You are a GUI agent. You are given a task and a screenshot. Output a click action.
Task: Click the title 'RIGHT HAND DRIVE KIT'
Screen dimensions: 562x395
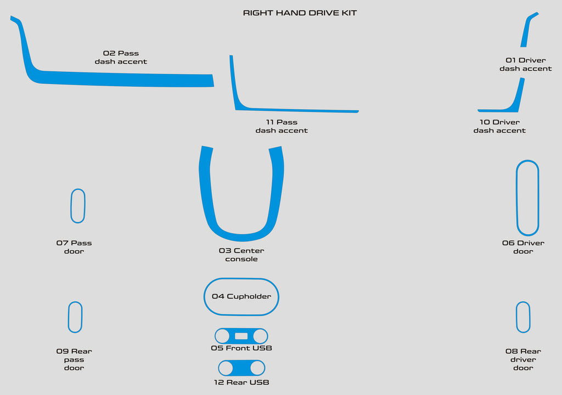tap(300, 13)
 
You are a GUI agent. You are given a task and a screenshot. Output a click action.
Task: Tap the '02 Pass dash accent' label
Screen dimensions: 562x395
tap(121, 58)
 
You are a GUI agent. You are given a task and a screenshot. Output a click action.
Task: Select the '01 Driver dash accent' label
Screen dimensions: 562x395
tap(525, 64)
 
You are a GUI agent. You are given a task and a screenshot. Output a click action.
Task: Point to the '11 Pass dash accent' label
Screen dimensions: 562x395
tap(282, 126)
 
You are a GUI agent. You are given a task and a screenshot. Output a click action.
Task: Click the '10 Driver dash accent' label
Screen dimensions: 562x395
tap(499, 126)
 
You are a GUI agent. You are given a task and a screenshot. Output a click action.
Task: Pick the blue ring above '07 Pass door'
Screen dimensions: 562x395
tap(71, 206)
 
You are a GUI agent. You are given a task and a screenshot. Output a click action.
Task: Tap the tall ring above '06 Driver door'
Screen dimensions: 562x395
tap(517, 198)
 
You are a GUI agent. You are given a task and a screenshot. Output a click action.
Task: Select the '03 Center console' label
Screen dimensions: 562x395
tap(241, 255)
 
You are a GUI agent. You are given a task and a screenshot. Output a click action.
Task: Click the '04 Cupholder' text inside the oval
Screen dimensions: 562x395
tap(241, 296)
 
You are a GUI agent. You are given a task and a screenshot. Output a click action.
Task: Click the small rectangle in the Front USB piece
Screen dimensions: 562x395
tap(241, 336)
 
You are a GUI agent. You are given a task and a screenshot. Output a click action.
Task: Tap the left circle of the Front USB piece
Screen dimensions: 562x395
tap(222, 336)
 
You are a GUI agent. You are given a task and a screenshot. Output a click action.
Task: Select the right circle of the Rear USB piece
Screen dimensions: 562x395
tap(257, 368)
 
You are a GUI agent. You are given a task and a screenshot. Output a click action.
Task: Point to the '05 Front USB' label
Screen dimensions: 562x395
tap(241, 348)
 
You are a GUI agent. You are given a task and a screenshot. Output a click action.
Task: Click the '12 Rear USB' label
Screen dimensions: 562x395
tap(241, 382)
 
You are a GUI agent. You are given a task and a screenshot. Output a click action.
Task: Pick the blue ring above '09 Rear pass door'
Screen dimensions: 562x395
tap(69, 317)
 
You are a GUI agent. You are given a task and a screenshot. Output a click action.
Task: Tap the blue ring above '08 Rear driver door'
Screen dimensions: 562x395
tap(516, 317)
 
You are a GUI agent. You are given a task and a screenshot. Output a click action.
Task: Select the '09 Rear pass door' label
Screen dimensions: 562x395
tap(74, 359)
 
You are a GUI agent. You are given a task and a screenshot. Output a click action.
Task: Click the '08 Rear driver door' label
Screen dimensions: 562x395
tap(523, 359)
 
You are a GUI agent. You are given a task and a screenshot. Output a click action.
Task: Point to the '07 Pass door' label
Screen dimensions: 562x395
tap(74, 247)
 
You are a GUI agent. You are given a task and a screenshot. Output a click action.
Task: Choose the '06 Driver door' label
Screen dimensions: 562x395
tap(523, 247)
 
